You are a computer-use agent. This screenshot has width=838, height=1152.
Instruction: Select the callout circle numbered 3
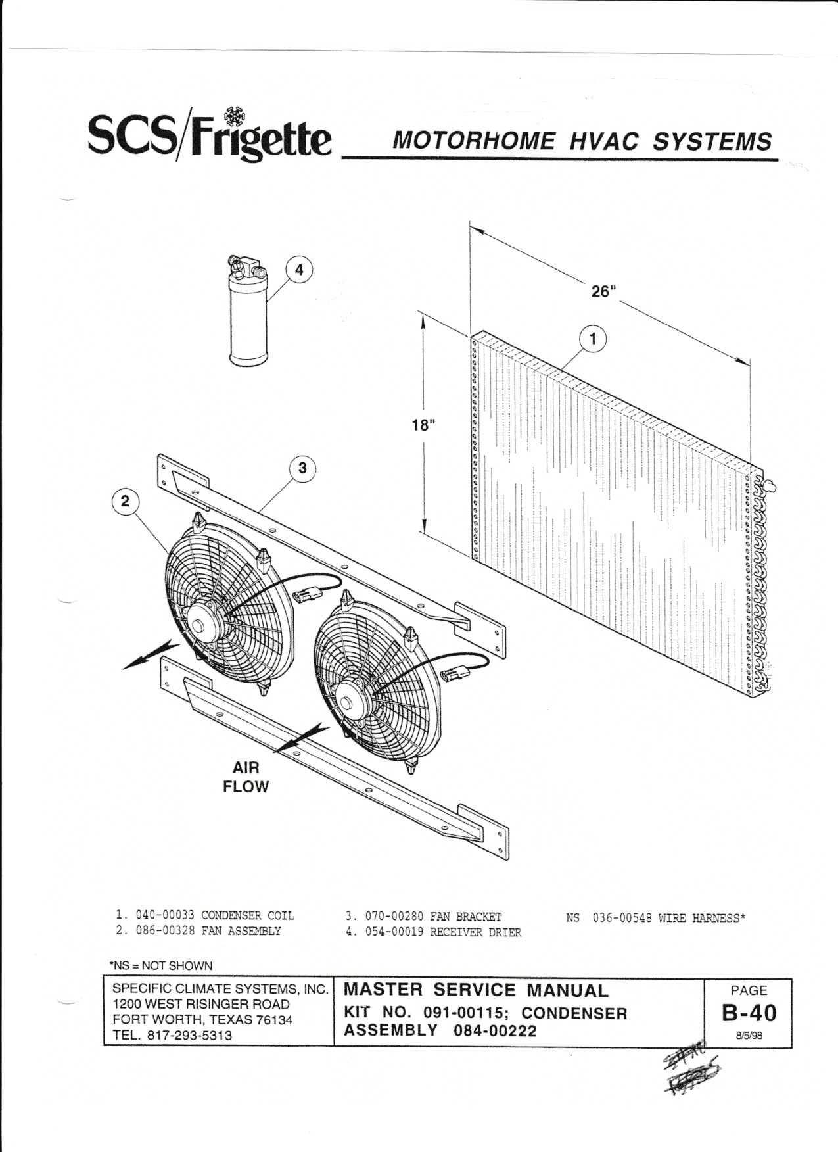(302, 468)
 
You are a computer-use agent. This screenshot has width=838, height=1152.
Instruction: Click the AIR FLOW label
(246, 777)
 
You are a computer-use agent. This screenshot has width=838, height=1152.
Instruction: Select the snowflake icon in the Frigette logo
(231, 117)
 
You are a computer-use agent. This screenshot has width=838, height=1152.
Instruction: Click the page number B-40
(749, 1013)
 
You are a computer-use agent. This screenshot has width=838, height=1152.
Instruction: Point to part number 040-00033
(165, 915)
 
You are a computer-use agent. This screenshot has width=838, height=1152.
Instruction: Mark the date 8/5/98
(749, 1034)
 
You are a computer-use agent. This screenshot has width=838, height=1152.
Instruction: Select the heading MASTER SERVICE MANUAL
(477, 990)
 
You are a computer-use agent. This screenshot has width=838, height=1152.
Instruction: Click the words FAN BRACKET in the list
(465, 917)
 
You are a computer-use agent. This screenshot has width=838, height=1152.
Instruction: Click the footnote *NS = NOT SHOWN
(161, 965)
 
